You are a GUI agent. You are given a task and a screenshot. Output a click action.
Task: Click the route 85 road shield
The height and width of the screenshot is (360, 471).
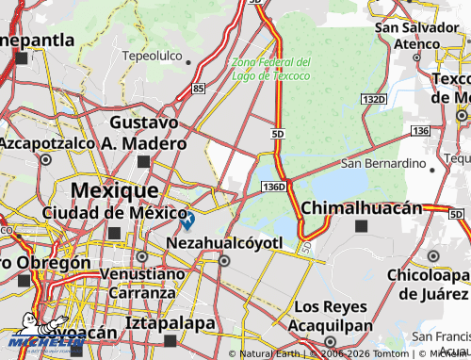(196, 90)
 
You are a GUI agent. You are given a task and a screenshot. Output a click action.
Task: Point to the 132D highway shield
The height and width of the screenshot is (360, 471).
(373, 98)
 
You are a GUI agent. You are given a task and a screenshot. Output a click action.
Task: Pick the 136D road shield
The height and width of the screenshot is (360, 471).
(274, 188)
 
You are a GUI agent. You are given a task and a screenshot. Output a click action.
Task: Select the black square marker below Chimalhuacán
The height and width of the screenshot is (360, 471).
(362, 226)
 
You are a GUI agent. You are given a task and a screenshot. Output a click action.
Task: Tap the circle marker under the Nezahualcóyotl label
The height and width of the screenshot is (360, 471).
(224, 261)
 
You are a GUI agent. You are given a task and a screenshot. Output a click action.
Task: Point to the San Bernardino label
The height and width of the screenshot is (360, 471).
(383, 163)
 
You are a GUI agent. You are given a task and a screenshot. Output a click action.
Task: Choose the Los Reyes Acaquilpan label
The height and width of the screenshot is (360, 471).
(330, 316)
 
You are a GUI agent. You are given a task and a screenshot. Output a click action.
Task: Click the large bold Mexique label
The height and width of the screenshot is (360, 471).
(115, 189)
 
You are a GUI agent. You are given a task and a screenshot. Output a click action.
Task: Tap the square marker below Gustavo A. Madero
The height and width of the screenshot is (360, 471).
(143, 162)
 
